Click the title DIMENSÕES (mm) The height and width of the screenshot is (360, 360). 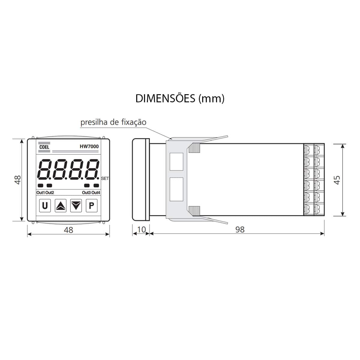[x=180, y=98]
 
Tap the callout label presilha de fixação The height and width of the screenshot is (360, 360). [x=113, y=122]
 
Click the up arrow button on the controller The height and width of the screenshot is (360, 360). [x=61, y=205]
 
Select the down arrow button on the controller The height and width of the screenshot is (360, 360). [x=76, y=205]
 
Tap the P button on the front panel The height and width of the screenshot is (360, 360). [x=92, y=205]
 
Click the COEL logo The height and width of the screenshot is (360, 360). [x=44, y=147]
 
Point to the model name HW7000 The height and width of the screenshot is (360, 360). [x=89, y=146]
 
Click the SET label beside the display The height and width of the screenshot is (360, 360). [x=105, y=178]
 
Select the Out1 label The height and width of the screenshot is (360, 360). [x=40, y=193]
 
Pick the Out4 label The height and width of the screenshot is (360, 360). [x=96, y=193]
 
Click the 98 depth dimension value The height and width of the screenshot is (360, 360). [x=240, y=229]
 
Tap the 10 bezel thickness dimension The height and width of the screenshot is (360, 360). [x=141, y=229]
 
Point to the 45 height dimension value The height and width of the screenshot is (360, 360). [x=337, y=180]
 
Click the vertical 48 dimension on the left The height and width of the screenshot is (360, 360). [x=18, y=180]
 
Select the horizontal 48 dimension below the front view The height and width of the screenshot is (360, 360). [x=69, y=230]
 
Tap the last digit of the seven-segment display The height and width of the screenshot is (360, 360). [x=92, y=169]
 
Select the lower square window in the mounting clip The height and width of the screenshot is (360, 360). [x=176, y=189]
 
